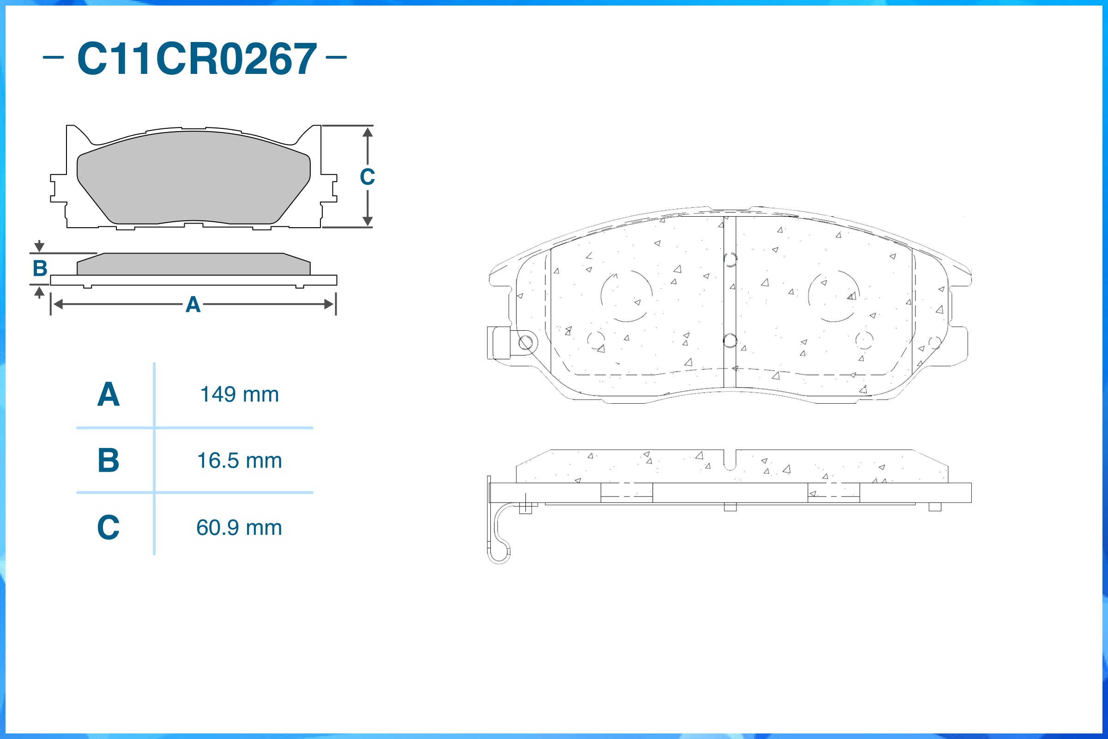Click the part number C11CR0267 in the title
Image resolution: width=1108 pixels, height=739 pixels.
click(197, 59)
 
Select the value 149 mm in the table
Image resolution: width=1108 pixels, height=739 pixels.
click(239, 394)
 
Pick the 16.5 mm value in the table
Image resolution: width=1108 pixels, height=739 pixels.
click(239, 460)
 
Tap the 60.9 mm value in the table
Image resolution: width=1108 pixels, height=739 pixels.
click(239, 527)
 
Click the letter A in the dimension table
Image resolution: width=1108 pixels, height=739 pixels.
click(108, 394)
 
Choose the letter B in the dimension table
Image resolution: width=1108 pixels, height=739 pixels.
click(108, 460)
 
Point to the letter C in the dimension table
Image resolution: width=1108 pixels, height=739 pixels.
click(108, 527)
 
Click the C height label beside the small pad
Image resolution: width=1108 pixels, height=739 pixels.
click(367, 177)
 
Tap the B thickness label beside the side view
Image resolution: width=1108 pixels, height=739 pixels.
click(40, 268)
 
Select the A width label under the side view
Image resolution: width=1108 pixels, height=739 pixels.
click(193, 304)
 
